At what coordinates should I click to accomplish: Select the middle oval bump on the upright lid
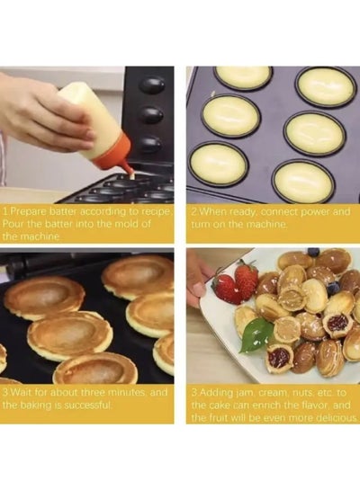point(152,115)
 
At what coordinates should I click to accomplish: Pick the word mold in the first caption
point(125,224)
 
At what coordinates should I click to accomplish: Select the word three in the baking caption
point(95,392)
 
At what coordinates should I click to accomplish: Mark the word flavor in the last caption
point(313,405)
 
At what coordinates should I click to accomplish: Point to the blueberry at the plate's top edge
point(313,252)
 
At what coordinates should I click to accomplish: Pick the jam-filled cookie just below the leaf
point(279,357)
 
